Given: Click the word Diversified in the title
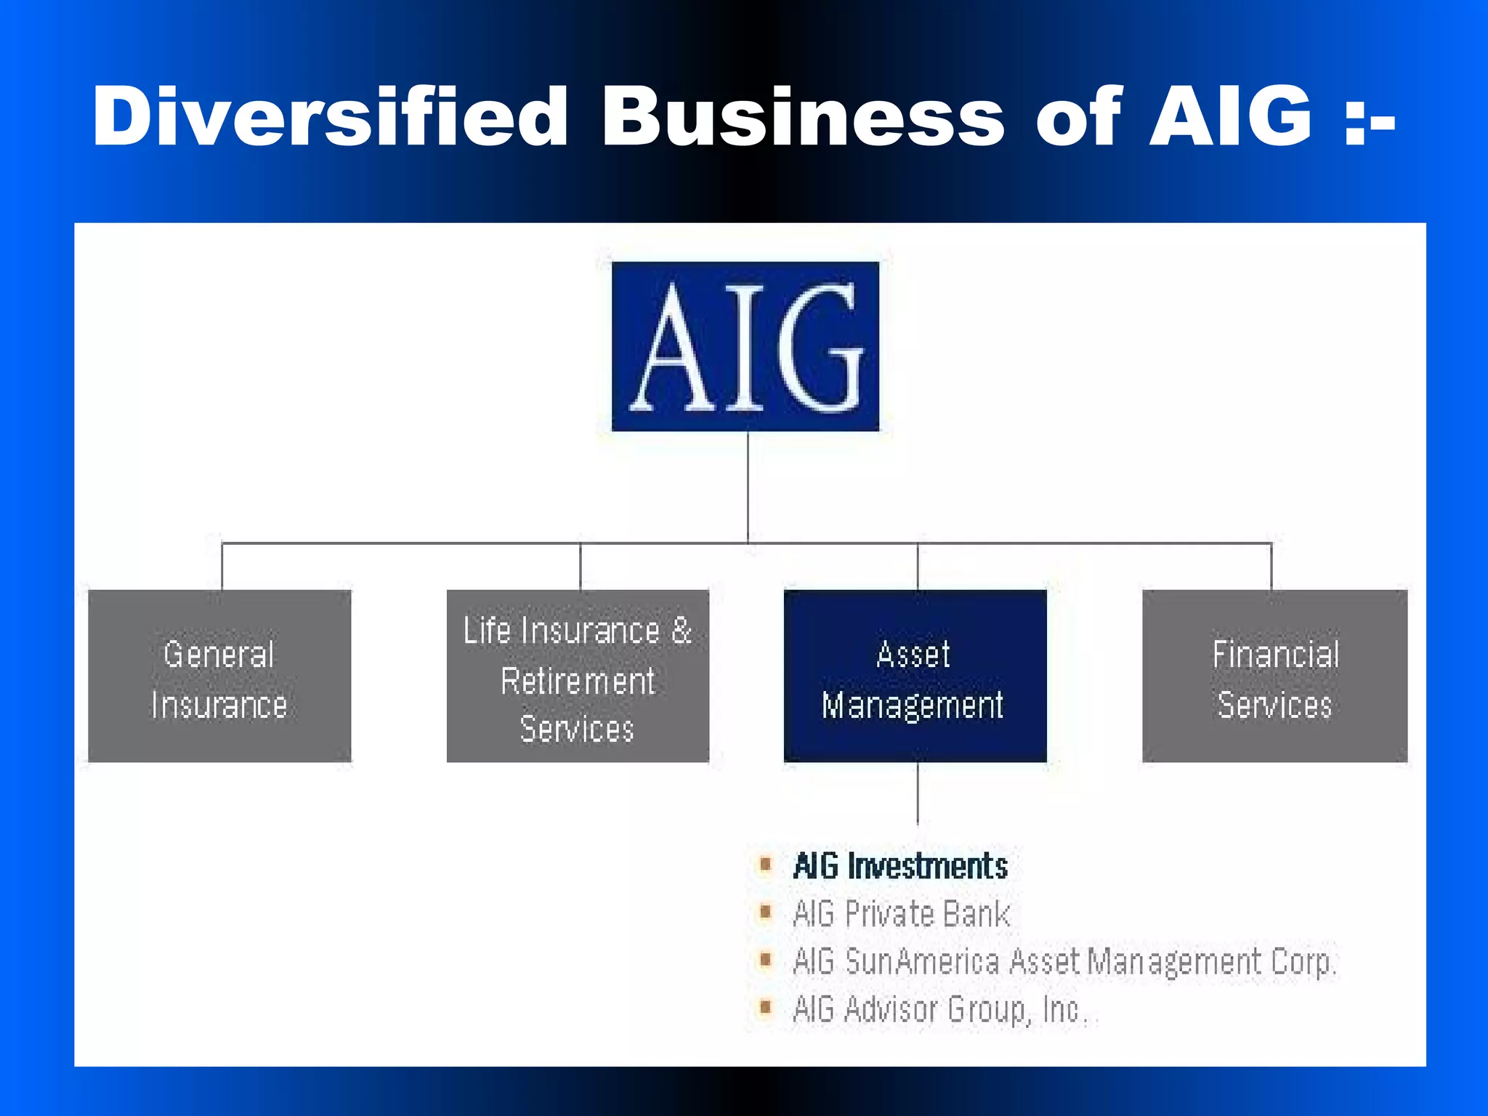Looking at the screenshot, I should coord(331,116).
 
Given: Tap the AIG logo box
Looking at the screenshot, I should coord(745,347).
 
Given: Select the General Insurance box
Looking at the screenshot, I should coord(219,676).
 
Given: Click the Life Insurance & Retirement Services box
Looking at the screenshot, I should coord(578,676).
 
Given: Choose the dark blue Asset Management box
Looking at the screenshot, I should coord(915,676).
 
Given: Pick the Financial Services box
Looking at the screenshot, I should coord(1274,676).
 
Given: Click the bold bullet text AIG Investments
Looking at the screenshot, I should coord(900,866).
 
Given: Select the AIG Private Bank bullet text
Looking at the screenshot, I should coord(901,914).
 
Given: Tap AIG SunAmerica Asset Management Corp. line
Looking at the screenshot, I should coord(1064,962).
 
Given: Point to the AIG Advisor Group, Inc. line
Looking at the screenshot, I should coord(941,1010).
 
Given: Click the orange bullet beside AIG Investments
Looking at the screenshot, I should coord(765,865).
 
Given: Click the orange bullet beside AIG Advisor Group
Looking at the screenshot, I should coord(765,1008).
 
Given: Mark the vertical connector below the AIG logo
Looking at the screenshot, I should coord(748,487).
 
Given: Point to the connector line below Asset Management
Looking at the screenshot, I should coord(918,793).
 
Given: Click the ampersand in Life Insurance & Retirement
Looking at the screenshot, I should coord(681,630).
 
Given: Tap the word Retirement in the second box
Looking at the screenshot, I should coord(578,682).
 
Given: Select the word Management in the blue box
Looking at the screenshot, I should coord(913,705).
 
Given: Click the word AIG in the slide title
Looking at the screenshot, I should coord(1231,116).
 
